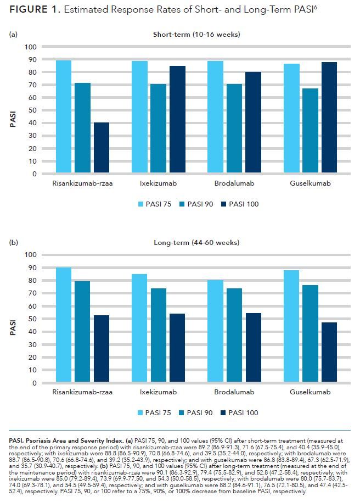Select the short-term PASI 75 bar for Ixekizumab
[x=139, y=118]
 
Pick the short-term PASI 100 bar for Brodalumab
[x=253, y=123]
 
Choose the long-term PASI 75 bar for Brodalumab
[x=215, y=332]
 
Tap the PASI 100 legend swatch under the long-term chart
[x=224, y=413]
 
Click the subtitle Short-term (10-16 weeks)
[x=196, y=35]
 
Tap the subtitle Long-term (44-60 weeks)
[x=196, y=243]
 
